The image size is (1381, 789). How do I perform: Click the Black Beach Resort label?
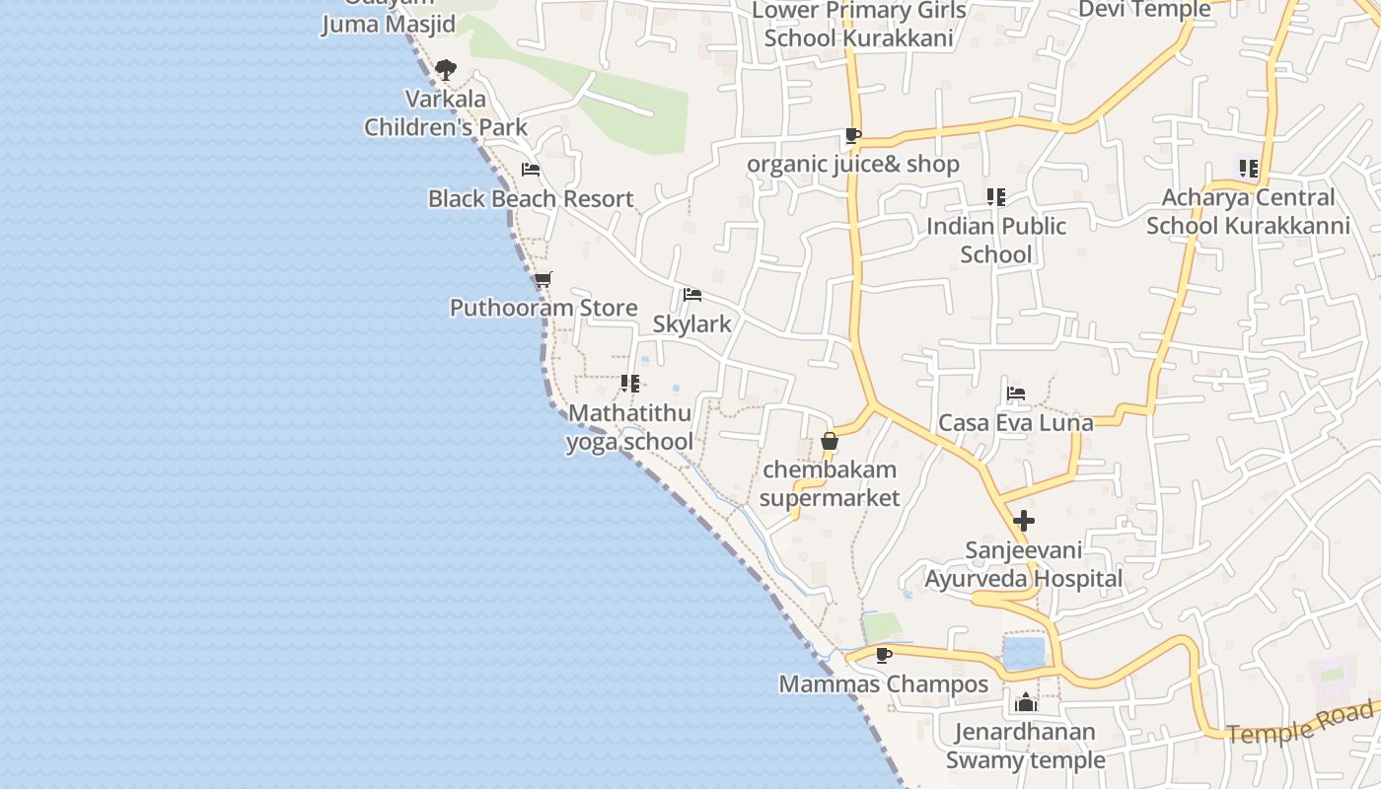coord(531,198)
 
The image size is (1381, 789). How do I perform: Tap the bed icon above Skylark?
coord(691,295)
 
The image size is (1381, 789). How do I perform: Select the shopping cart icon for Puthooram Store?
coord(543,279)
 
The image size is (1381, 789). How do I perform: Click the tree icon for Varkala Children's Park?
coord(446,70)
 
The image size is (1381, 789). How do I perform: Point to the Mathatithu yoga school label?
coord(629,427)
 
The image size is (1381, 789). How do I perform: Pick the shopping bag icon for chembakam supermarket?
coord(830,441)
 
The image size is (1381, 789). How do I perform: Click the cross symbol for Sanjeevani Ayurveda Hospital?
coord(1024,520)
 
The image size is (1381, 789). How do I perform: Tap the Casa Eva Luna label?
coord(1015,423)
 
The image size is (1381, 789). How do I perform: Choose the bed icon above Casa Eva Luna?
coord(1015,394)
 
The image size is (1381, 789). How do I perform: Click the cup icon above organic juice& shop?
coord(852,136)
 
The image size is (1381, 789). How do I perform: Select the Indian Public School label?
coord(996,240)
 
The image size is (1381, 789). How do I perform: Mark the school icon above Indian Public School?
coord(996,197)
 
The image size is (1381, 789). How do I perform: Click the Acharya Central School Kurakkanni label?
coord(1248,211)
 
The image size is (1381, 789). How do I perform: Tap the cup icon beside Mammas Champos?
coord(883,655)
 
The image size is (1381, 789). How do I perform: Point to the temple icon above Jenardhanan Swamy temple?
coord(1026,703)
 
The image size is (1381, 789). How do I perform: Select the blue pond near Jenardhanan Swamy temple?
coord(1024,653)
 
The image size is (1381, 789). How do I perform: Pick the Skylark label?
coord(692,323)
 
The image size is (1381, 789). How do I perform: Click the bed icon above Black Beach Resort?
coord(531,170)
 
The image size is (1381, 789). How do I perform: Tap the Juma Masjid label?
coord(388,24)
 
